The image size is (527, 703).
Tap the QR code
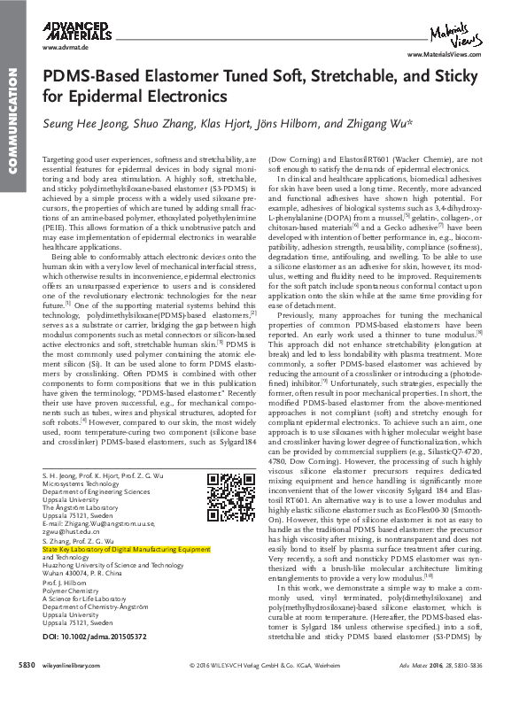(225, 492)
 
